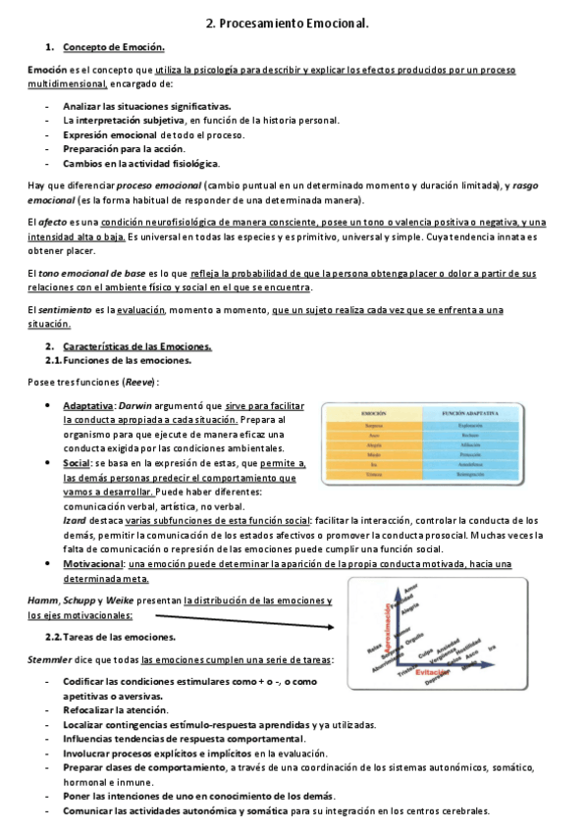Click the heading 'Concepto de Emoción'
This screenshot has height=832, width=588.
coord(113,47)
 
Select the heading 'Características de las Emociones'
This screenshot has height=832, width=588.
coord(136,346)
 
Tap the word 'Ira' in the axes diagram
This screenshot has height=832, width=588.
coord(491,647)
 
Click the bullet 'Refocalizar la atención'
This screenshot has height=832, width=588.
coord(115,709)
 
